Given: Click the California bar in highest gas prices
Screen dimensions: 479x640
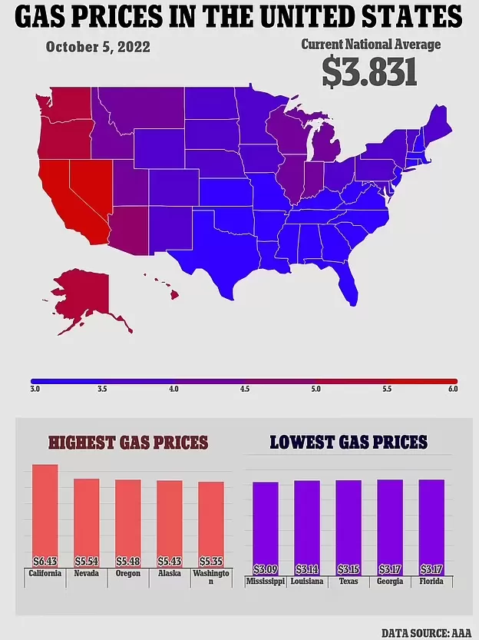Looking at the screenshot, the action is coord(45,516).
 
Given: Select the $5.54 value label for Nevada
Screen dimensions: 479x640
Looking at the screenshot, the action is coord(87,561).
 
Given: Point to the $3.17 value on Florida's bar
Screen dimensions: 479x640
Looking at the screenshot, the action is coord(431,569).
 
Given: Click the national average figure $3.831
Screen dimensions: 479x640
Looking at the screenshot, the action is coord(370,72).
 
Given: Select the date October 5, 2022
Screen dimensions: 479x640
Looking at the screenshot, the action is coord(97,47).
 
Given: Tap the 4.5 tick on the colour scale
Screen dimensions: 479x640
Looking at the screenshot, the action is coord(245,389).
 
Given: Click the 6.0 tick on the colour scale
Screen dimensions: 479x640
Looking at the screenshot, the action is coord(453,389).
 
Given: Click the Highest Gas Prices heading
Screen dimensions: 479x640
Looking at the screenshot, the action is coord(128,443).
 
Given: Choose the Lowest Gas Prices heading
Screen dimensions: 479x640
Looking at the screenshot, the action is coord(349,442).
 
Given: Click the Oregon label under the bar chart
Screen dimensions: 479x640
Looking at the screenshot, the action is coord(128,573).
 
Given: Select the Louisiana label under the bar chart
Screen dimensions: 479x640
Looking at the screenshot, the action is coord(307,581).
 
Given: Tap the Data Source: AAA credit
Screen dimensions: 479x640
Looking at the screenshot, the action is coord(426,633).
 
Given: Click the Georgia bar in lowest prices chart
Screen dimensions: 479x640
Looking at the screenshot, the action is coord(390,527).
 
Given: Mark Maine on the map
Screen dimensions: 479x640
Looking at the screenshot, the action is coord(436,122).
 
